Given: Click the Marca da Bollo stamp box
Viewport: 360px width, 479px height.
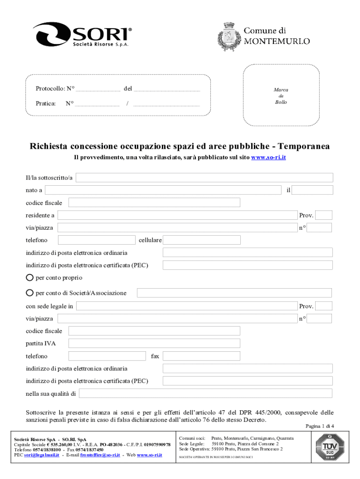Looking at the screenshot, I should (x=281, y=95).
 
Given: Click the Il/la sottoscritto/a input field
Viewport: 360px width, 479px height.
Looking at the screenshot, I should (x=204, y=178).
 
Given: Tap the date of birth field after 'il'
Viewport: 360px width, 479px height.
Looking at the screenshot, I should (x=313, y=190).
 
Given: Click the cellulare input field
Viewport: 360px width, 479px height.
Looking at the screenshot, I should (x=202, y=240).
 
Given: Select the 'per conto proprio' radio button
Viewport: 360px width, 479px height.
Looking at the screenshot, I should (x=30, y=277).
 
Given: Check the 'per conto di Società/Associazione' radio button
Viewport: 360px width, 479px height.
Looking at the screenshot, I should (x=30, y=293).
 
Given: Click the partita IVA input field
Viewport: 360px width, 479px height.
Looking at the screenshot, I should (x=154, y=343).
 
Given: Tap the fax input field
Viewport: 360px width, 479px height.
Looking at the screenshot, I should (x=201, y=356).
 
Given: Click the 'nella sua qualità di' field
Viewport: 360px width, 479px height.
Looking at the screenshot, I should (x=206, y=393).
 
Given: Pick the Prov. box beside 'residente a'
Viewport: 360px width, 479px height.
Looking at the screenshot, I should (x=324, y=215).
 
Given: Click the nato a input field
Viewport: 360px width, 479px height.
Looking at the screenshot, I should (x=164, y=190).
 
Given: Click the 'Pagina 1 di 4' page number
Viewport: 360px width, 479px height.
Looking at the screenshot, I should (x=320, y=426).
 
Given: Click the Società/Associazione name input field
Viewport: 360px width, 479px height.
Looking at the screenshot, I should (x=234, y=293).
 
